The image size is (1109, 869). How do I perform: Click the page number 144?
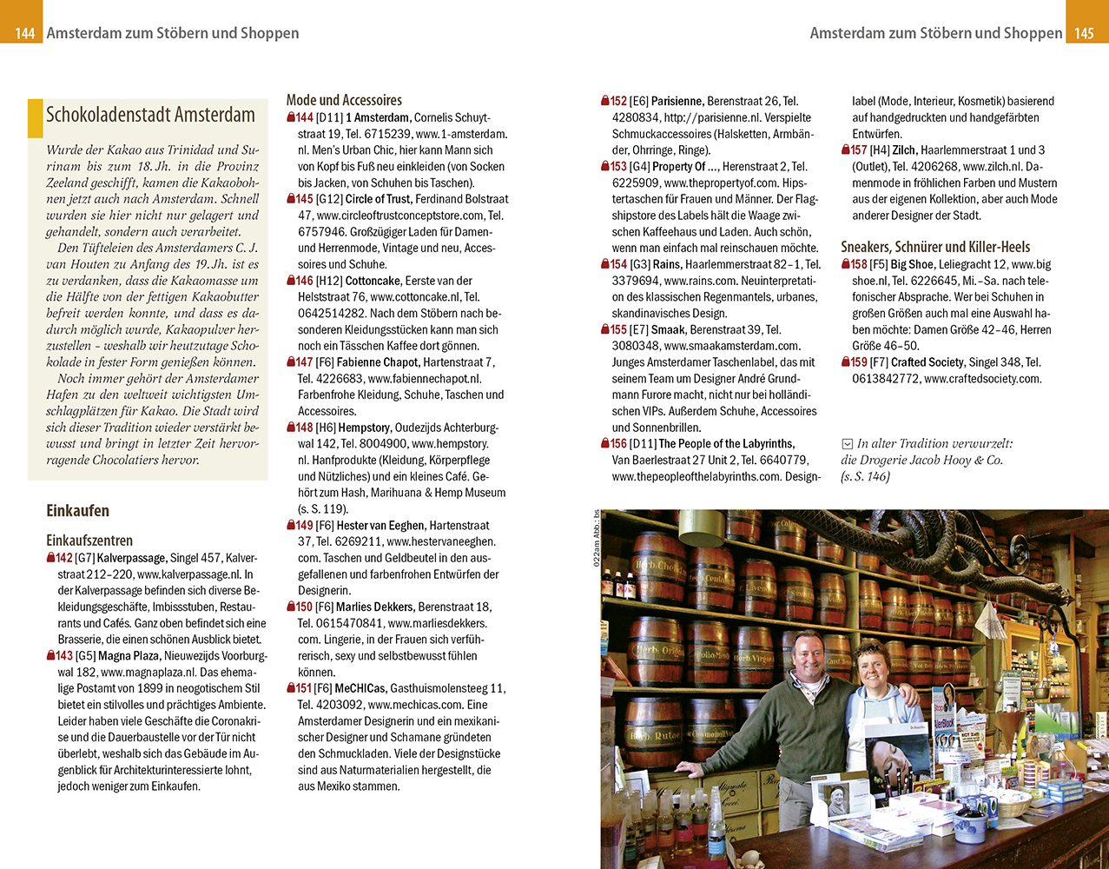coord(24,33)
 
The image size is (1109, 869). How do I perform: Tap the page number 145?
coord(1084,33)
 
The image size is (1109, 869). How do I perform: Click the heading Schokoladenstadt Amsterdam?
coord(150,116)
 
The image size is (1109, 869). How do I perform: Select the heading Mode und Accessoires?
coord(344,100)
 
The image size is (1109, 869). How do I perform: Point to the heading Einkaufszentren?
coord(89,541)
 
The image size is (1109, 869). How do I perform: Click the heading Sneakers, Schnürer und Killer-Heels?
coord(935,247)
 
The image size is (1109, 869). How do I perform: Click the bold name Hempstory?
coord(364,428)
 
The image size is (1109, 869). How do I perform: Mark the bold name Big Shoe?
coord(912,264)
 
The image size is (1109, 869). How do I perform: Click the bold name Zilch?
coord(904,150)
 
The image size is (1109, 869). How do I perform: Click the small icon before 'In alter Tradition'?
coord(848,444)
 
